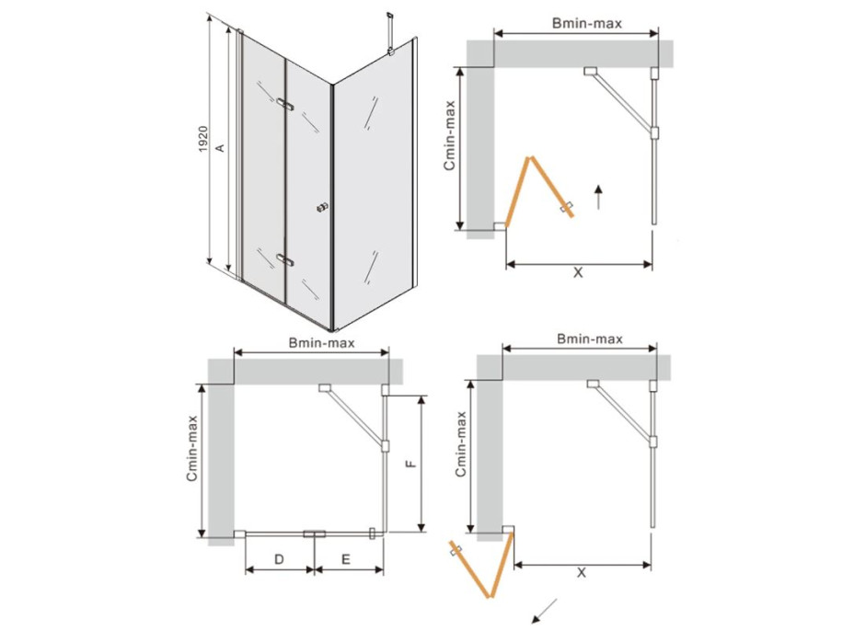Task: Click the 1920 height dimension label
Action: pyautogui.click(x=202, y=139)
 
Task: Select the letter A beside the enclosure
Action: pyautogui.click(x=220, y=147)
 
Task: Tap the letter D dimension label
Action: pyautogui.click(x=279, y=559)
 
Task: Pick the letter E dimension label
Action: pyautogui.click(x=346, y=559)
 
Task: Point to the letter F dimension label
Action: pyautogui.click(x=411, y=464)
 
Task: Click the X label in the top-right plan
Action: pyautogui.click(x=578, y=272)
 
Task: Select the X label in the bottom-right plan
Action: pyautogui.click(x=582, y=572)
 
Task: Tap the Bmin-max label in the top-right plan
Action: pyautogui.click(x=586, y=23)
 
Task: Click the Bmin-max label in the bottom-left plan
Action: pyautogui.click(x=321, y=342)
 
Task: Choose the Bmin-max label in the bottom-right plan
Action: pyautogui.click(x=589, y=338)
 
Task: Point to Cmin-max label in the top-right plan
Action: pyautogui.click(x=449, y=135)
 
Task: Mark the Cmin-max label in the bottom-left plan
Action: pyautogui.click(x=191, y=448)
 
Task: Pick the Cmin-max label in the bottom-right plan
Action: pyautogui.click(x=461, y=444)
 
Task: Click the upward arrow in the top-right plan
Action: pyautogui.click(x=598, y=197)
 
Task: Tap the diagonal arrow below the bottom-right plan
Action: pyautogui.click(x=544, y=611)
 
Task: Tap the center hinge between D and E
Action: pyautogui.click(x=314, y=534)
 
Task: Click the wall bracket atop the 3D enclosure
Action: pyautogui.click(x=389, y=33)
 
